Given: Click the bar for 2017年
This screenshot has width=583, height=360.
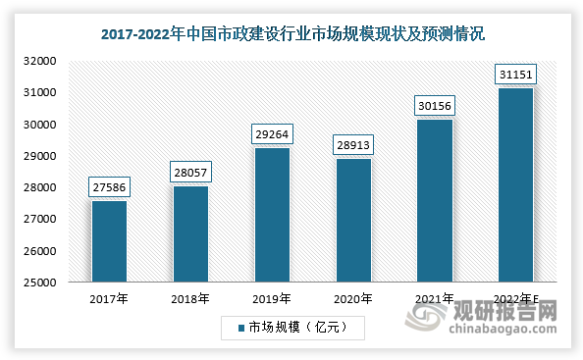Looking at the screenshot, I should click(109, 241).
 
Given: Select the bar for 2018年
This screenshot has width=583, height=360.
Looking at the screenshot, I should click(190, 233).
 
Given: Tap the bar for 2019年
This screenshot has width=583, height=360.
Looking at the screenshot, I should click(272, 215).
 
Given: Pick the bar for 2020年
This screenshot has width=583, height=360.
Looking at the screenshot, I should click(353, 220).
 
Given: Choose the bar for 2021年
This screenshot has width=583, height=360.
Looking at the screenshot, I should click(435, 200).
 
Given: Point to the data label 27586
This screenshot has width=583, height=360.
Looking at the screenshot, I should click(109, 185).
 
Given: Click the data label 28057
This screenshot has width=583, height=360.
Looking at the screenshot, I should click(190, 171).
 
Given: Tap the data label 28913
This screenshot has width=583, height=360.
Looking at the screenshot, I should click(353, 143).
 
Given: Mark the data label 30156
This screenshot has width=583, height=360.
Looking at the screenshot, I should click(435, 104).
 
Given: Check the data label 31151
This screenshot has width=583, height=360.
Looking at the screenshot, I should click(516, 73).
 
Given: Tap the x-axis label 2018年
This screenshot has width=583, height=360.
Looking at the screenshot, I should click(190, 299).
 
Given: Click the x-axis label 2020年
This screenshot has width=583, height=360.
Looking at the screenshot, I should click(353, 299).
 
